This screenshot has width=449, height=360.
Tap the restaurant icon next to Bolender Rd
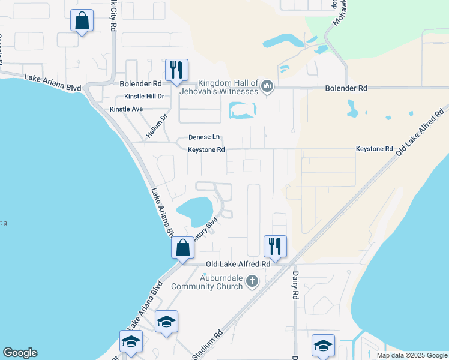tap(176, 70)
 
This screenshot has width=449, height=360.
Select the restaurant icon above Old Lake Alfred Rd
tap(275, 245)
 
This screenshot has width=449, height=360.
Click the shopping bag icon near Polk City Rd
tap(82, 21)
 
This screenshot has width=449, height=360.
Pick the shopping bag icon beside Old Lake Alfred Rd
tap(182, 247)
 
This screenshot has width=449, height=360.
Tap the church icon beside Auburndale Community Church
tap(252, 280)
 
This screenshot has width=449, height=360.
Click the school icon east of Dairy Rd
tap(323, 346)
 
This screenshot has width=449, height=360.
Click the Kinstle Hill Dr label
tap(144, 97)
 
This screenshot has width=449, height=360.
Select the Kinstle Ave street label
tap(126, 109)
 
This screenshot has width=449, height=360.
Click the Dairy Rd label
tap(295, 286)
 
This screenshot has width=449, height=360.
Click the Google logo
tap(20, 353)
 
